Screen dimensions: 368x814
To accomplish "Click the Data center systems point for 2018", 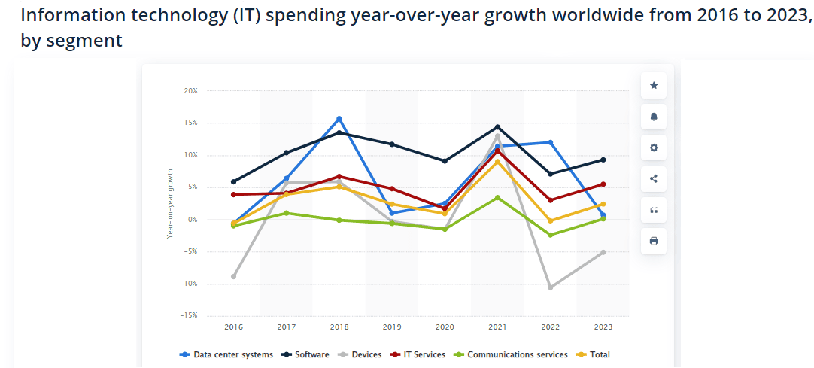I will point(339,119).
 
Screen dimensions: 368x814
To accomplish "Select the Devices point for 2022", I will point(551,287).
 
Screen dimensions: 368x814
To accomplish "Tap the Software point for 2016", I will point(234,181).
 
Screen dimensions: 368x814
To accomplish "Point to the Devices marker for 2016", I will point(234,277).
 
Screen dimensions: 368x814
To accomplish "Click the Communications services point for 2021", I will point(497,198).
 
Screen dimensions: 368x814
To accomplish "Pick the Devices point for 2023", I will point(603,252).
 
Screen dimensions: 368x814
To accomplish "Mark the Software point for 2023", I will point(603,160).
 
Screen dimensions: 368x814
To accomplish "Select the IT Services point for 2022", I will point(551,200).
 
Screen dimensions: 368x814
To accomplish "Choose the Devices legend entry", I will point(361,354).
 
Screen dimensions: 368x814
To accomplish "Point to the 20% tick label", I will point(190,91).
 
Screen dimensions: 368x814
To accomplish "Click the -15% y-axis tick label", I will point(189,315).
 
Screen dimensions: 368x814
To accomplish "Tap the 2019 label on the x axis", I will point(392,327).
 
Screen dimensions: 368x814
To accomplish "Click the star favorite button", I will point(654,86).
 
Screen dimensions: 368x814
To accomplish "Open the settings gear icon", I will point(654,148).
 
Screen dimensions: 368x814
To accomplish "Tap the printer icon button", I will point(654,241).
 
